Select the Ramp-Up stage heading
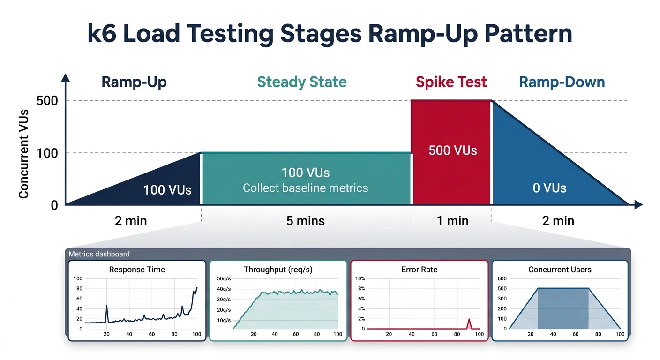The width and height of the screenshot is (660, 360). [134, 82]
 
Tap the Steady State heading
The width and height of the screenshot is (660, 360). [302, 82]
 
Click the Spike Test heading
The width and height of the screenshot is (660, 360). [451, 82]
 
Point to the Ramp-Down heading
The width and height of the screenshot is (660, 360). [562, 82]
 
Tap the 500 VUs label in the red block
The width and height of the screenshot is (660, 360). [452, 150]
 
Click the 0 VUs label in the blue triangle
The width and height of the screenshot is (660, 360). [549, 188]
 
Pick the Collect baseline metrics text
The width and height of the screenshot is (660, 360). [305, 188]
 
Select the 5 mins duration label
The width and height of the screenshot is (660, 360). [305, 220]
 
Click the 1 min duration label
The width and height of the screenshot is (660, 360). [452, 220]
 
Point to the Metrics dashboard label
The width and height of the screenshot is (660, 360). [99, 254]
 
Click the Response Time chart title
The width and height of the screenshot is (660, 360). [137, 270]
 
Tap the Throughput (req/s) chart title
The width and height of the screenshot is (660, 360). [278, 270]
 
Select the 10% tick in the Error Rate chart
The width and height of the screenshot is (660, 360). [360, 278]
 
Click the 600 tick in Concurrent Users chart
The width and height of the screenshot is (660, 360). [502, 278]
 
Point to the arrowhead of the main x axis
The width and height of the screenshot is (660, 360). [637, 204]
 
